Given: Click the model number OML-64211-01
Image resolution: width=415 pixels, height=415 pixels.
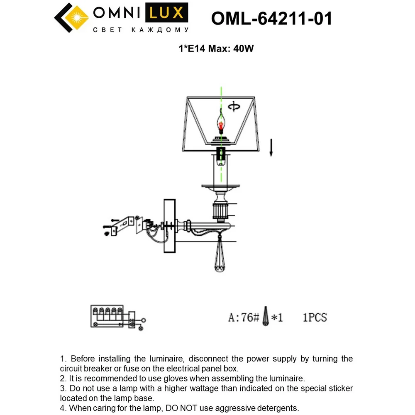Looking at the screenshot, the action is point(271,19).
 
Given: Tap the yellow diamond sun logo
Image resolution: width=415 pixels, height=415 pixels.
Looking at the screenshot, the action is point(77,18).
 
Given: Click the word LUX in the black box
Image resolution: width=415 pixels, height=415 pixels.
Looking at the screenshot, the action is point(166,13).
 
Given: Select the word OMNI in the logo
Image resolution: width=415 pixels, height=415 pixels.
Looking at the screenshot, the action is point(117,13).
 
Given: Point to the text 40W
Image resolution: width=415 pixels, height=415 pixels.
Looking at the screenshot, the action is point(244,49).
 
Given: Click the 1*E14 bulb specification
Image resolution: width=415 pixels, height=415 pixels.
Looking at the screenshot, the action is point(192,49).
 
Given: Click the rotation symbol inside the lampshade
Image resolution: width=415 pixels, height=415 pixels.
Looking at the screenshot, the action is point(234,106).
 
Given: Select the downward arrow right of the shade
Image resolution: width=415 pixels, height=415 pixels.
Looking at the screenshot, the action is point(271,147).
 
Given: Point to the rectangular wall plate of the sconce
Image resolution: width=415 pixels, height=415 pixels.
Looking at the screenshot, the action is point(170,226).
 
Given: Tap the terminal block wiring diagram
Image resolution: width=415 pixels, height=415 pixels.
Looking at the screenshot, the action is point(118,317).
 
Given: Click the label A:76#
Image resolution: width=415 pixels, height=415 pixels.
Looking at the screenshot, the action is point(244,317).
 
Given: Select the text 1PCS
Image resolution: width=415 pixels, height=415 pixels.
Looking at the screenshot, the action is point(315,317).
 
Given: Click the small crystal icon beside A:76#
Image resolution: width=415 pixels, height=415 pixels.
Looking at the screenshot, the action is point(266,316).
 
